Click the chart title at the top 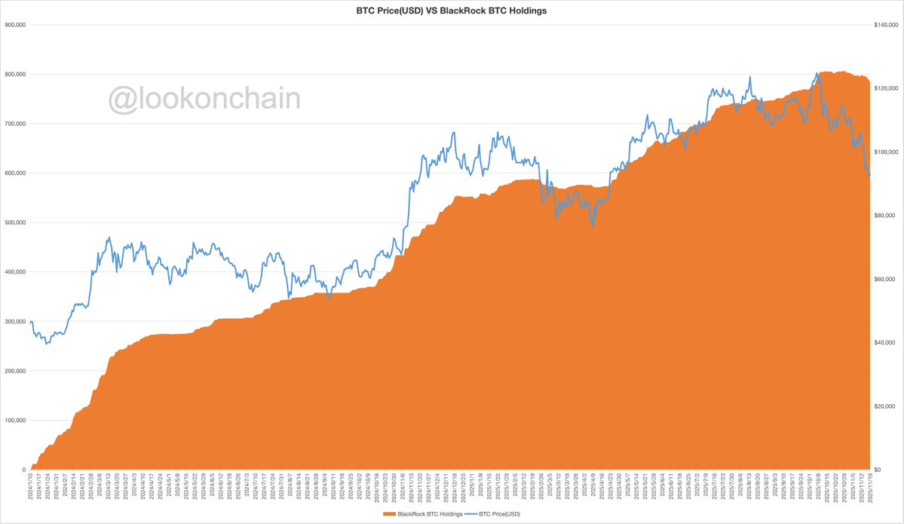click(451, 11)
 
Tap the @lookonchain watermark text click(204, 99)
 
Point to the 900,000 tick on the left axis click(16, 24)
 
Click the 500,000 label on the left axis click(16, 222)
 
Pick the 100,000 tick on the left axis click(16, 420)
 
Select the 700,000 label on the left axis click(16, 123)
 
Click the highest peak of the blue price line click(818, 73)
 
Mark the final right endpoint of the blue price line click(870, 176)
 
